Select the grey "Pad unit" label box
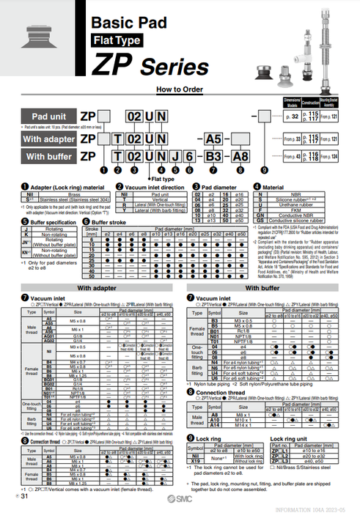(x=52, y=117)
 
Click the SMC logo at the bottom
(x=188, y=498)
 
